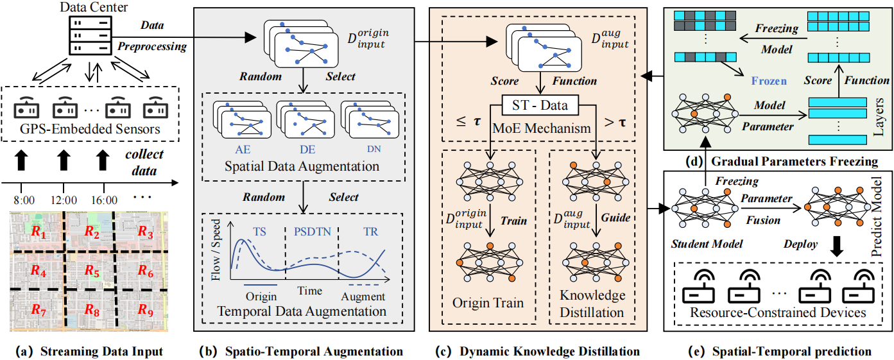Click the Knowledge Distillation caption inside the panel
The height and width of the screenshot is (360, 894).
click(x=592, y=304)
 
